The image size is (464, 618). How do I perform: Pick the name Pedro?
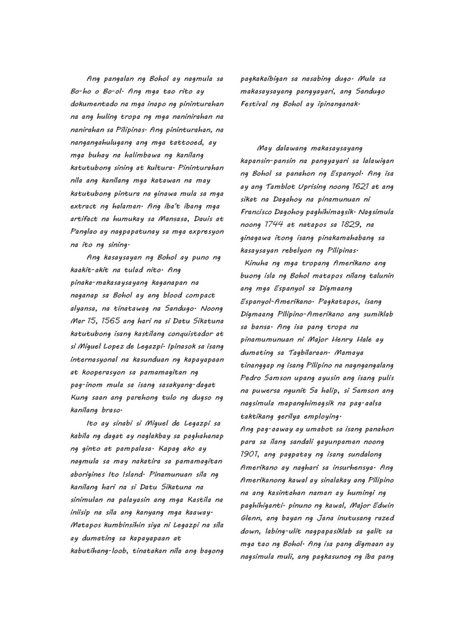tap(253, 378)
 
